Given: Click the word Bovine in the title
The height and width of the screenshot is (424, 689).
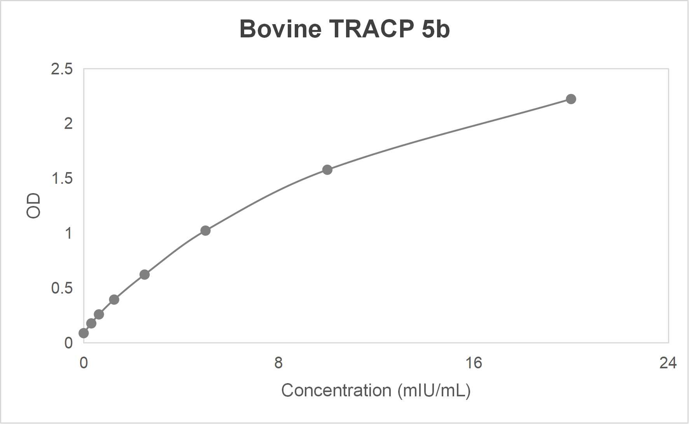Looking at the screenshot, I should [280, 29].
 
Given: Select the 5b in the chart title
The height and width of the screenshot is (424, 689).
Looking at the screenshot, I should [435, 29].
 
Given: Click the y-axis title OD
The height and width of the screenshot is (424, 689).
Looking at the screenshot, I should [33, 206].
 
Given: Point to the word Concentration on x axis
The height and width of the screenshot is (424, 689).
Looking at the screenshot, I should [336, 391].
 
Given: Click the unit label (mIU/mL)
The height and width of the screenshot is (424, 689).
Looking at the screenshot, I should [434, 391].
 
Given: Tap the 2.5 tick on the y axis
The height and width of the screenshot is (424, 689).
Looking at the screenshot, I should [61, 69].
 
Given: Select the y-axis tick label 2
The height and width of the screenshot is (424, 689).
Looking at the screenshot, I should [68, 124].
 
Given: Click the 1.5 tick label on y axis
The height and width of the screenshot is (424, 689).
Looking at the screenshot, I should [61, 179].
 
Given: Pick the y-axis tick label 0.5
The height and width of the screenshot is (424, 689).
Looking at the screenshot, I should [61, 288].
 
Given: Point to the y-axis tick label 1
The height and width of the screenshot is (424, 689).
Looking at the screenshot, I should [68, 234].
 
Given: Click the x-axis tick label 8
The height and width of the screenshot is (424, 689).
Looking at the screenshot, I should [278, 363].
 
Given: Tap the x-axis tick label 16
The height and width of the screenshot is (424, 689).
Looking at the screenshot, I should [473, 363].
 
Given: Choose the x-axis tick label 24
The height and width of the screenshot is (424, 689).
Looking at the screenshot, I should [668, 363].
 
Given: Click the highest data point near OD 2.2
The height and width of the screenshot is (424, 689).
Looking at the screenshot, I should [571, 99].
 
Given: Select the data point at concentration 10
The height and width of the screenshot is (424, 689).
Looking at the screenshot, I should [327, 170].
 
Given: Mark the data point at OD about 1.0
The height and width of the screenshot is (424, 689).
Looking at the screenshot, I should [205, 231].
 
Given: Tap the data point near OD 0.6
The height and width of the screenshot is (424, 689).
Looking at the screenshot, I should [144, 274].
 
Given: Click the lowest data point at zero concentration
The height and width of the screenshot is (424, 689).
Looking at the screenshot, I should [84, 333].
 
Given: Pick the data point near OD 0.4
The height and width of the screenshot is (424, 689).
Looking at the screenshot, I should [114, 299].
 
